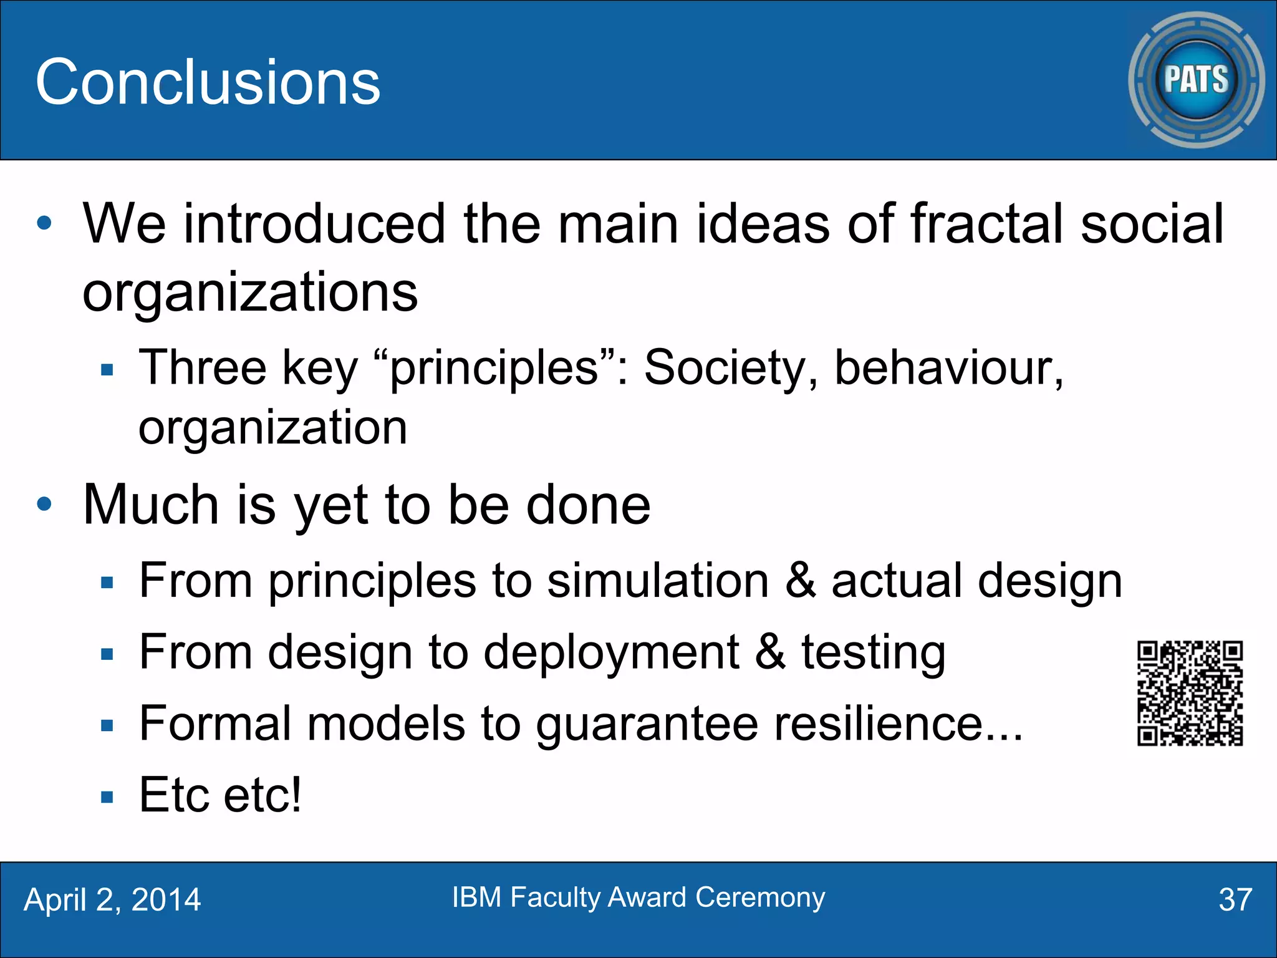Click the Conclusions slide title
(x=208, y=82)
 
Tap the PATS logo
(x=1196, y=80)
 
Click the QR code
(x=1190, y=693)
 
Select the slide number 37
(x=1235, y=899)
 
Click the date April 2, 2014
(x=112, y=899)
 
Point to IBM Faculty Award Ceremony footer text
(x=638, y=897)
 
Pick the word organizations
(x=250, y=292)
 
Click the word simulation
(x=658, y=581)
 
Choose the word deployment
(x=611, y=653)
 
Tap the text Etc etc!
(x=220, y=795)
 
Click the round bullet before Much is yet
(x=44, y=504)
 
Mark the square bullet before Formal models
(x=107, y=725)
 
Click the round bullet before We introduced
(x=44, y=223)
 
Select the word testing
(x=873, y=653)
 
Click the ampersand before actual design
(x=801, y=581)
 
